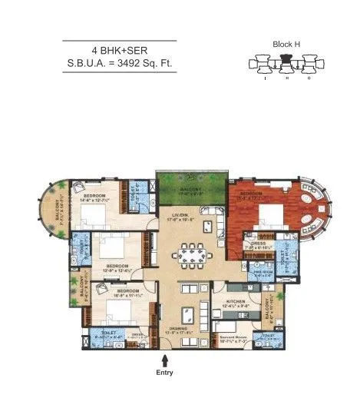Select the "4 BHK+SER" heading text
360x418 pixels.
pyautogui.click(x=119, y=49)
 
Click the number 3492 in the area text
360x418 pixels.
pyautogui.click(x=135, y=64)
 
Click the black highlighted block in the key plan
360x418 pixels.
pyautogui.click(x=286, y=59)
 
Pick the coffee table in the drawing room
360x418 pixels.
pyautogui.click(x=187, y=313)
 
